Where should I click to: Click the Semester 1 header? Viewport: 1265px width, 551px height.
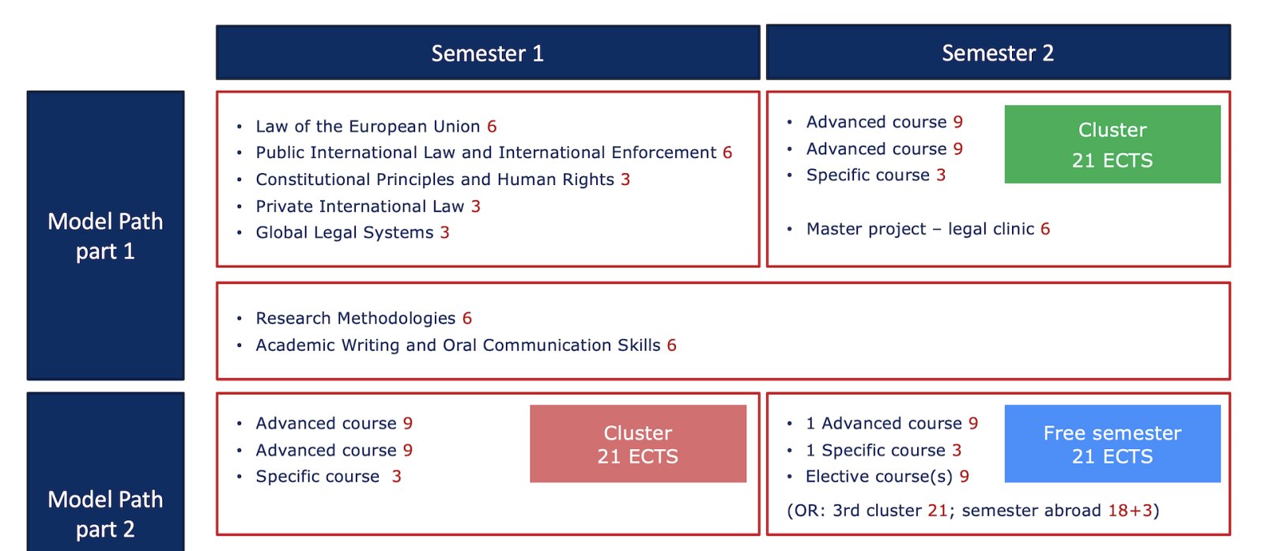coord(488,52)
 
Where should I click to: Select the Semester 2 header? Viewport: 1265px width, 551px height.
coord(998,52)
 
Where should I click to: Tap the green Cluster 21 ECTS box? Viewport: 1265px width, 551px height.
coord(1112,145)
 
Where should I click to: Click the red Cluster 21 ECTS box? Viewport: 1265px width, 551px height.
coord(638,443)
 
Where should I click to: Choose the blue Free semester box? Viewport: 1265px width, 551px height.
coord(1112,443)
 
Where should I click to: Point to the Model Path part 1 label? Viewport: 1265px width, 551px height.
coord(106,236)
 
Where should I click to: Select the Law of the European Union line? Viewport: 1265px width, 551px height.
coord(376,126)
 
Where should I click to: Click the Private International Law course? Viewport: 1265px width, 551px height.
coord(368,206)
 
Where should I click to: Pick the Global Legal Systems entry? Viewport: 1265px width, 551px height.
coord(353,232)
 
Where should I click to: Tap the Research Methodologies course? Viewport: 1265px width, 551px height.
coord(364,319)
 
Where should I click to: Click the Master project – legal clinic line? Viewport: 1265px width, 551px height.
coord(928,228)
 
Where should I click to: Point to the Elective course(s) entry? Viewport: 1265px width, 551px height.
coord(887,477)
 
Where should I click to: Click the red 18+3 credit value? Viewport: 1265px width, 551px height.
coord(1130,511)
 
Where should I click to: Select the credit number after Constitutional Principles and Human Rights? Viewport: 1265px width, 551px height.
coord(625,179)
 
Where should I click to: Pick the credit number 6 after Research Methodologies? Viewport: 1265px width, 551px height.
coord(467,319)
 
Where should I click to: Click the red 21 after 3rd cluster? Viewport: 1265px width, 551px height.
coord(938,511)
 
